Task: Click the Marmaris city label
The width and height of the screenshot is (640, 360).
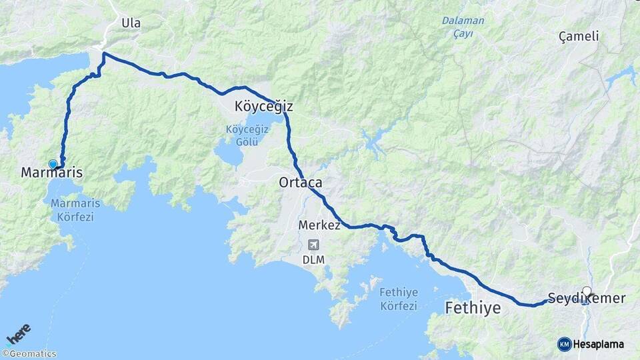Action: pos(52,173)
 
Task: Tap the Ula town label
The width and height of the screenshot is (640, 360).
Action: pos(131,23)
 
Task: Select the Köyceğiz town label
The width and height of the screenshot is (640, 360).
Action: pos(263,107)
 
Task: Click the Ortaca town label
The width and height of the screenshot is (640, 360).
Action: pos(301,183)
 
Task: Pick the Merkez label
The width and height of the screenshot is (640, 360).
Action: pos(319,225)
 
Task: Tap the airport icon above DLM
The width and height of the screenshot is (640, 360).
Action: pos(313,245)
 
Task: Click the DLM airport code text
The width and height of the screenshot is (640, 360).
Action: pos(313,259)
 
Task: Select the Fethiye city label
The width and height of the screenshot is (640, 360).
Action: pos(472,308)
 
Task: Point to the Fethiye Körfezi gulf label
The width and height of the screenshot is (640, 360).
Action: pos(398,299)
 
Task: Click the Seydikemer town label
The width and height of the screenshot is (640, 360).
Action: pos(586,298)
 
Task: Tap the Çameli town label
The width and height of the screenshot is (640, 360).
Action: pos(579,37)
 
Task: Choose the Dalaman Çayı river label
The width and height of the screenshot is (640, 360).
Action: pos(463,27)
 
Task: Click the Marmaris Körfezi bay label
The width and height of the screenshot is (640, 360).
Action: pos(72,210)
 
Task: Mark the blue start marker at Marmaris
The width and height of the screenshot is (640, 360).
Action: pos(53,164)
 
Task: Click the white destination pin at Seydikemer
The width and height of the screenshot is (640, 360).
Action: pos(587,292)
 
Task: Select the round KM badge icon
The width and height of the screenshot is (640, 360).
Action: pos(564,344)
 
